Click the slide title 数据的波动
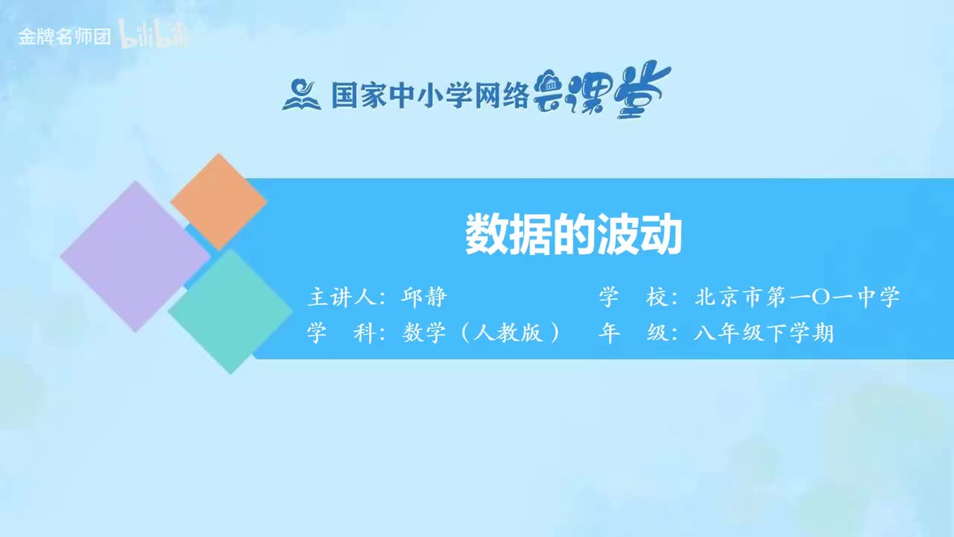coord(573,235)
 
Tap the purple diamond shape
coord(135,256)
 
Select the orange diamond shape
coord(218,201)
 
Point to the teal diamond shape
coord(230,311)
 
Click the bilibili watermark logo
coord(155,37)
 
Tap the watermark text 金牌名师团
coord(64,37)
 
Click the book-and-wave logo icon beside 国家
coord(301,95)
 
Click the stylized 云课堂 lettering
coord(602,92)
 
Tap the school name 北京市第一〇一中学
coord(797,298)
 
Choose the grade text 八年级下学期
coord(763,333)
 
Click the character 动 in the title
coord(661,235)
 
